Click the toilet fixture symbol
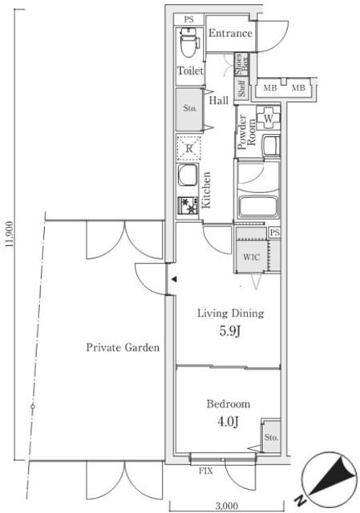(x=189, y=42)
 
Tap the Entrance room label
(x=230, y=34)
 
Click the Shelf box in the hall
(x=241, y=89)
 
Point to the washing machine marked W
(x=268, y=119)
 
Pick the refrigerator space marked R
(x=189, y=147)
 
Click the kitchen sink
(x=188, y=175)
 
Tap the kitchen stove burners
(x=188, y=205)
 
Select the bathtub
(x=258, y=207)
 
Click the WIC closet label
(x=251, y=257)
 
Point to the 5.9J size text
(x=230, y=331)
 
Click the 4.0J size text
(x=228, y=422)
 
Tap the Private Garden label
(x=123, y=347)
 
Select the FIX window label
(x=206, y=471)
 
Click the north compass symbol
(x=328, y=479)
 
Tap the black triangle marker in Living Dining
(x=175, y=280)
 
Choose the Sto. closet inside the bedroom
(x=271, y=437)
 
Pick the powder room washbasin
(x=271, y=146)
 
